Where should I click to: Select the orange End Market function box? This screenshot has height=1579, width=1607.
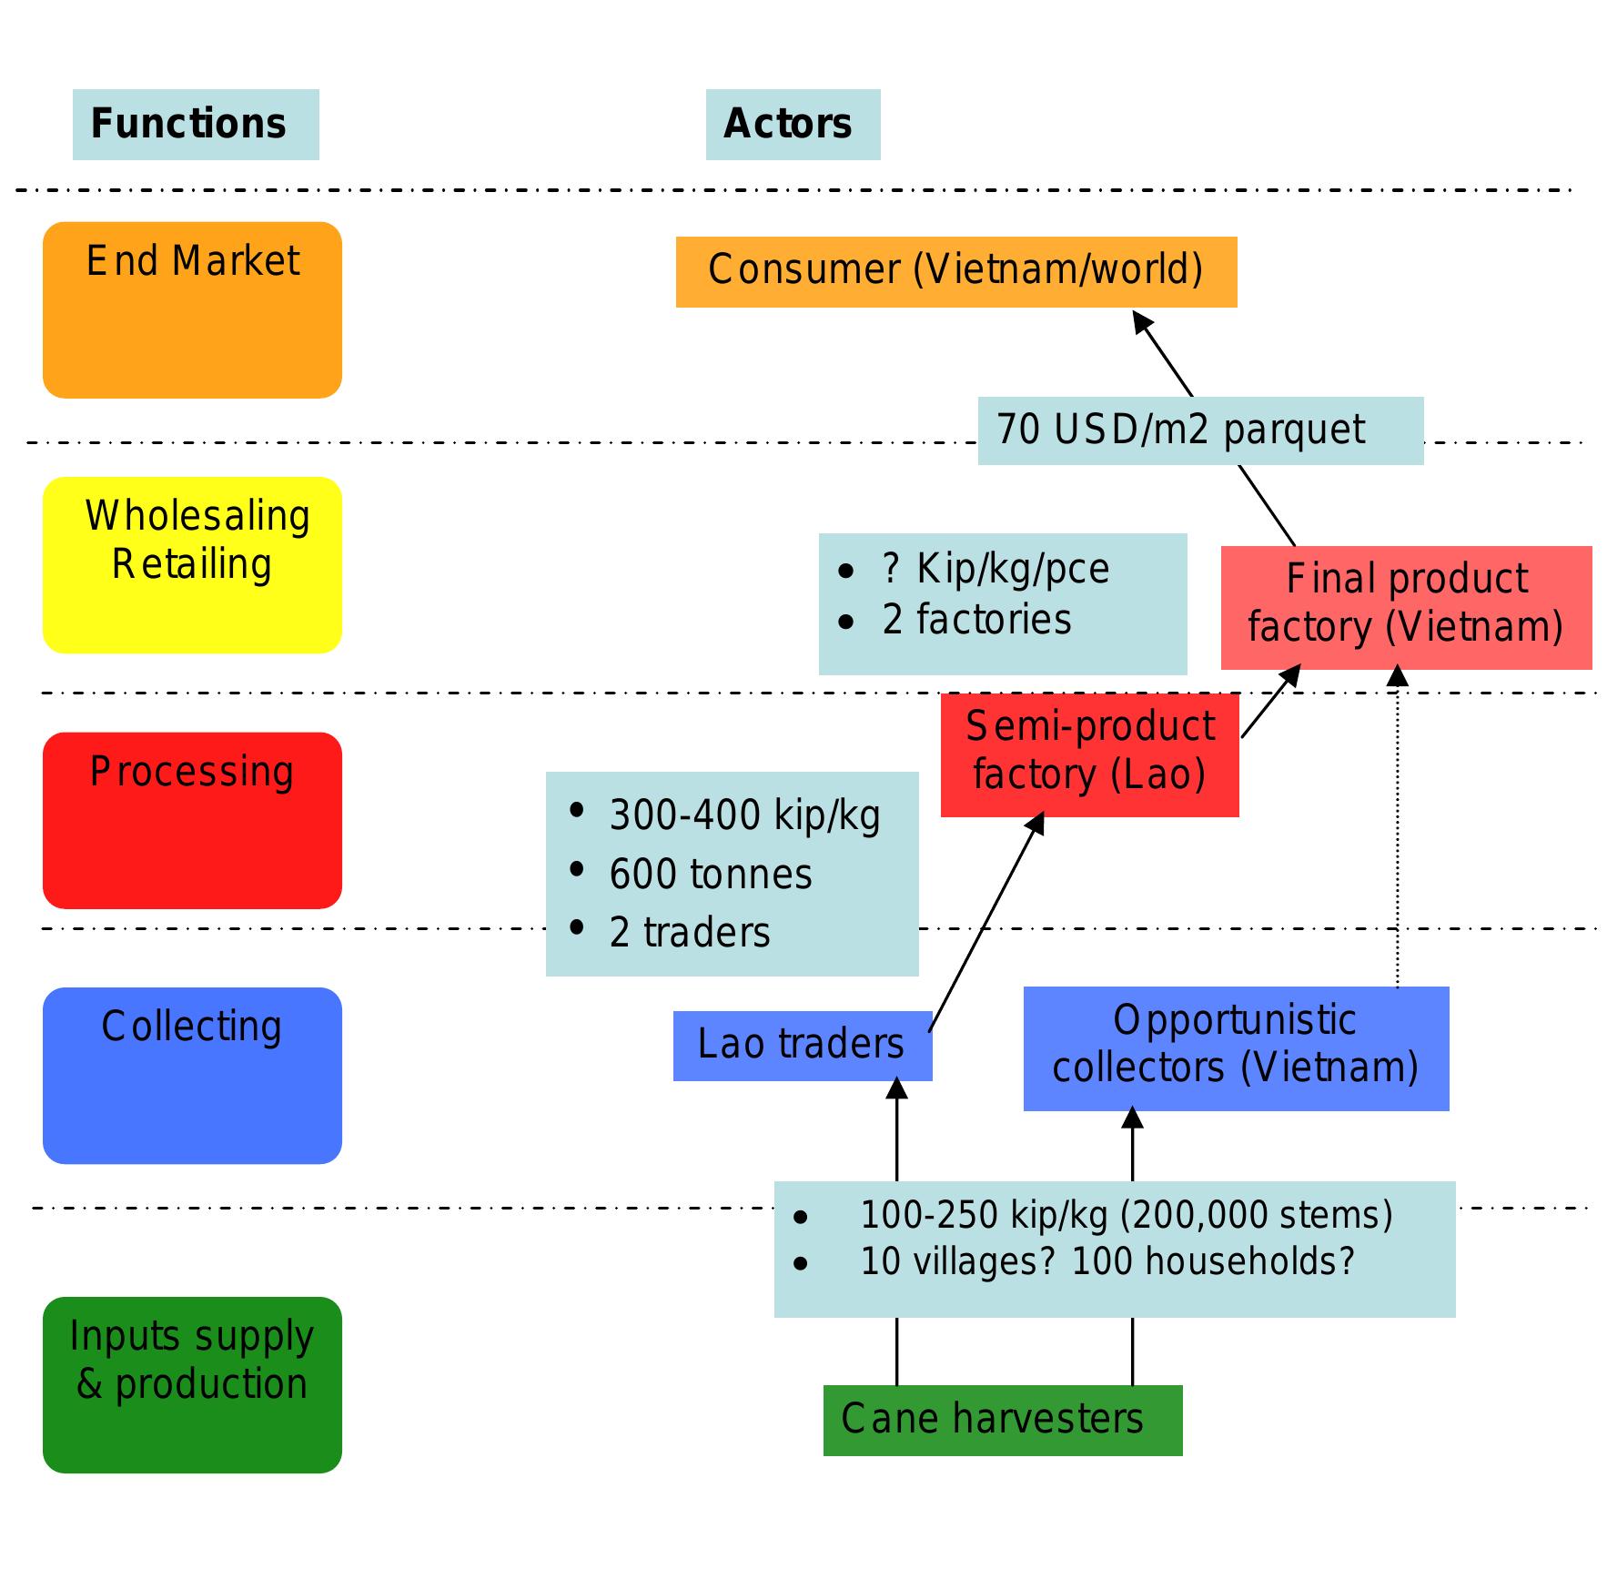click(192, 310)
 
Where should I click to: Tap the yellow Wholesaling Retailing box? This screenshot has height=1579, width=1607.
click(192, 565)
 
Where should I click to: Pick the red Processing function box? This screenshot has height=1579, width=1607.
click(192, 820)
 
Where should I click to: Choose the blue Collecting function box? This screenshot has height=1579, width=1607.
click(192, 1076)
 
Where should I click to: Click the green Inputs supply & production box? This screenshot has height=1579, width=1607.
click(192, 1384)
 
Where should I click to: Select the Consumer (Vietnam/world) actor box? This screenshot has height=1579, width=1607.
click(955, 271)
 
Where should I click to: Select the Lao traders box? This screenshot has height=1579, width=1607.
click(802, 1046)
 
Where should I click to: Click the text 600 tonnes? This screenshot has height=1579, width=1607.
click(711, 875)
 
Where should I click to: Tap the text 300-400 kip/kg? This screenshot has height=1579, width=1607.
click(744, 815)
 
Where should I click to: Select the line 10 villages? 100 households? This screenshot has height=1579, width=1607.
click(1107, 1262)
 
